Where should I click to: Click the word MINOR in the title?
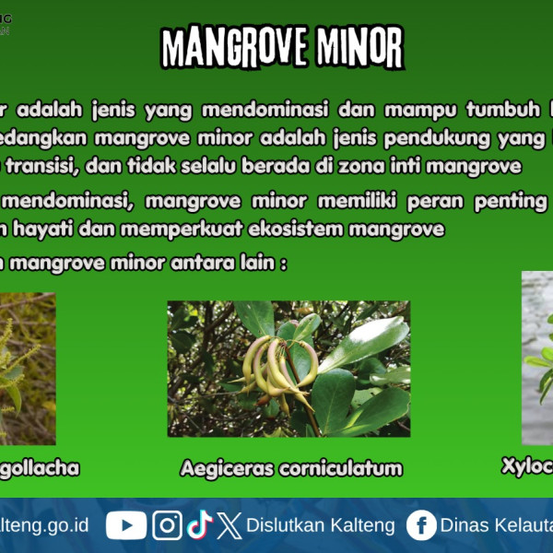point(359,47)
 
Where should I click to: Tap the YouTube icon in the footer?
point(126,525)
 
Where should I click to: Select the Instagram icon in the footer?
point(167,525)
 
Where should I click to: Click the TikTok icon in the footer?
point(199,525)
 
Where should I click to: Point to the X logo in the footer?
point(230,525)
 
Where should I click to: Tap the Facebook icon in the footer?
point(421,525)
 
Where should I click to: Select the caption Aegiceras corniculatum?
point(291,468)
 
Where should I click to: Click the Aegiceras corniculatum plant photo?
point(288,369)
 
